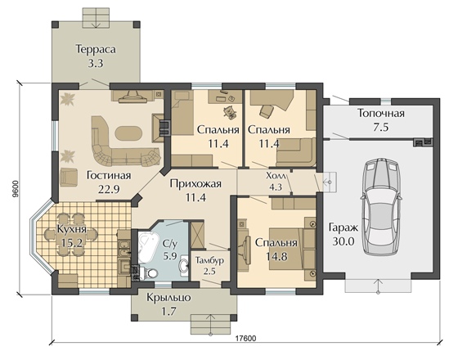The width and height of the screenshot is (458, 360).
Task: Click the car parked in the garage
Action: pyautogui.click(x=380, y=207)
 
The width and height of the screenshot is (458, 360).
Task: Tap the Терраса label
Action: pyautogui.click(x=96, y=49)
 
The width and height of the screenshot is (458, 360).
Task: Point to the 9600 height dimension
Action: pyautogui.click(x=16, y=188)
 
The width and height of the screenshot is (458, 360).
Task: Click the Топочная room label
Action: pyautogui.click(x=381, y=113)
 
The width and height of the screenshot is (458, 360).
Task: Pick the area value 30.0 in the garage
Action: pyautogui.click(x=343, y=241)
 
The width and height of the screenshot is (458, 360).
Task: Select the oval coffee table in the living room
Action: pyautogui.click(x=129, y=134)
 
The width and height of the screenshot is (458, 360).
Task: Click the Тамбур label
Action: pyautogui.click(x=209, y=260)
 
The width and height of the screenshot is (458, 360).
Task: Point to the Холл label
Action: pyautogui.click(x=276, y=176)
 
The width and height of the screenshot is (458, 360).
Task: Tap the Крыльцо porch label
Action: pyautogui.click(x=168, y=298)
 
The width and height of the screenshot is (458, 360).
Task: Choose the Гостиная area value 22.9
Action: pyautogui.click(x=108, y=189)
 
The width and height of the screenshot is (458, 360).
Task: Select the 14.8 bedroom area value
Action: pyautogui.click(x=276, y=256)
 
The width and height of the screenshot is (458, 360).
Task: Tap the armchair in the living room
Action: pyautogui.click(x=69, y=177)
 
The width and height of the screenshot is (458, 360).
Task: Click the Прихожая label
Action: pyautogui.click(x=195, y=183)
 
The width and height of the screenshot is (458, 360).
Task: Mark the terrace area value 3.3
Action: pyautogui.click(x=96, y=63)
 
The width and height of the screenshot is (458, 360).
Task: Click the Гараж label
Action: pyautogui.click(x=343, y=227)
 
